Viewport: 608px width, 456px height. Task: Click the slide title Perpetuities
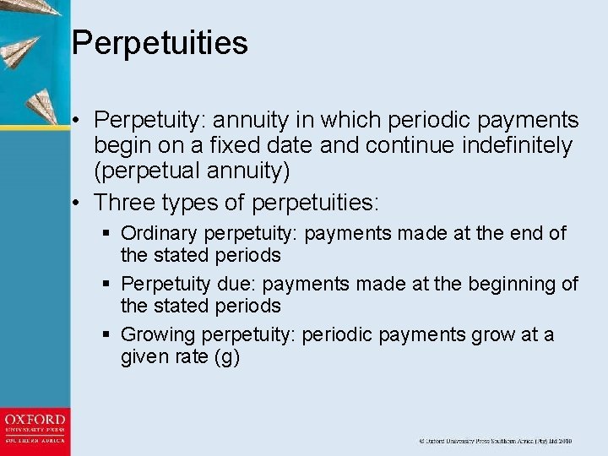pos(160,43)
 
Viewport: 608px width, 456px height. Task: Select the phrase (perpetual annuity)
pos(192,171)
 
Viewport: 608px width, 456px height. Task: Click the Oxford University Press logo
pos(35,429)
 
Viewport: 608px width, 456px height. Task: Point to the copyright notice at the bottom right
pos(497,441)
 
